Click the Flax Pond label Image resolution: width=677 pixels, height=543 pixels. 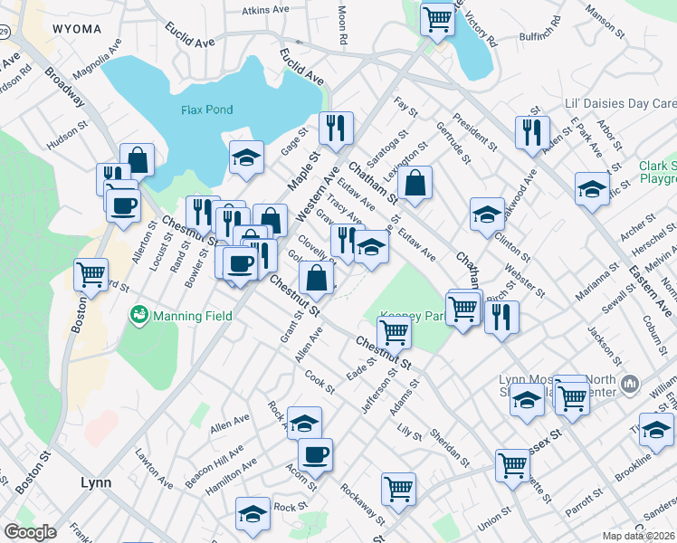tap(206, 110)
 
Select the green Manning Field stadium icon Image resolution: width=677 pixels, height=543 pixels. tap(139, 316)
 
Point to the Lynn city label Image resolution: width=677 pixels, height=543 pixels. tap(95, 482)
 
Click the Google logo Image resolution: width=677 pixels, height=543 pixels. tap(30, 532)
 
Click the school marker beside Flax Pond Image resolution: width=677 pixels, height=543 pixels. tap(246, 157)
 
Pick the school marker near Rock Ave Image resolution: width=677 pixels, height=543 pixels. tap(304, 422)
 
